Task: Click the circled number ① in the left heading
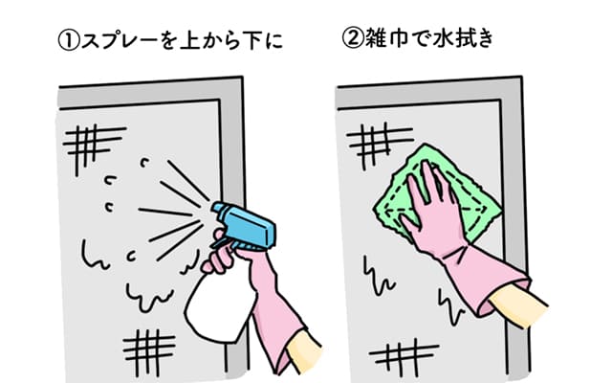coord(69,41)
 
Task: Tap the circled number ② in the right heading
coord(353,38)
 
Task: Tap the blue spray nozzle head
coord(244,226)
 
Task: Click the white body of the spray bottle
coord(219,304)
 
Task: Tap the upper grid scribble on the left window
coord(94,147)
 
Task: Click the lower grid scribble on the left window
coord(149,350)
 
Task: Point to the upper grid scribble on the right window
coord(380,144)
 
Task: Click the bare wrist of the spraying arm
coord(304,351)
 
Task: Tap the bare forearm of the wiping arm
coord(518,304)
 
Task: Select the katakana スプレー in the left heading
coord(120,41)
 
